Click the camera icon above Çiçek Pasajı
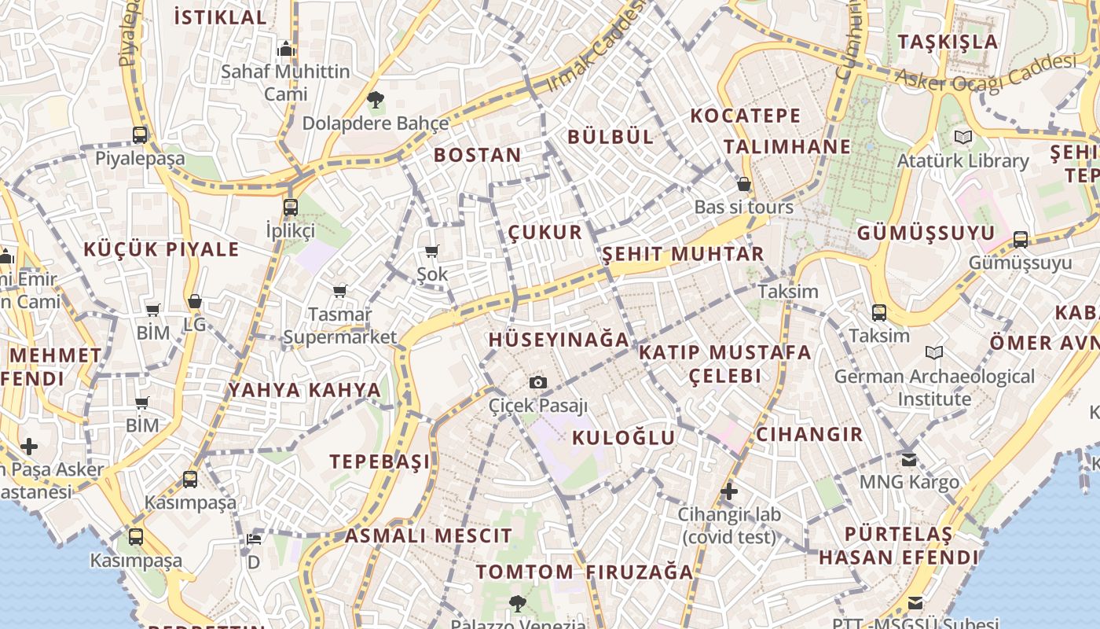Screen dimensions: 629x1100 coord(538,383)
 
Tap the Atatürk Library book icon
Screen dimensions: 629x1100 coord(962,138)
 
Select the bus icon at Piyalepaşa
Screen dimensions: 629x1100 coord(140,135)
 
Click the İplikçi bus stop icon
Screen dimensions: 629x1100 coord(291,208)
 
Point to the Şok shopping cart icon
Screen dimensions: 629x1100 coord(431,252)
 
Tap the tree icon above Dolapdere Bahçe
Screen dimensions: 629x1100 coord(376,100)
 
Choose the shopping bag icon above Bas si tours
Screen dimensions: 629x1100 coord(743,185)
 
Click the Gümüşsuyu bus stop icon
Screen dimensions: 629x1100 coord(1020,239)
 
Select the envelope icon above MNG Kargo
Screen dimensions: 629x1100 coord(909,459)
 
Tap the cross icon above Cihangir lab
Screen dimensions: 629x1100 coord(729,492)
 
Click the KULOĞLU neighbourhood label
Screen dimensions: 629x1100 coord(624,438)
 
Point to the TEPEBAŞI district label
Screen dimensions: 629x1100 coord(380,462)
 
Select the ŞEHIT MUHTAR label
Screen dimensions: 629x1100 coord(683,254)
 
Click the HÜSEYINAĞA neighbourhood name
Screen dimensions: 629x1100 coord(559,340)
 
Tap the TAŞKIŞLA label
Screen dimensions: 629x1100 coord(948,42)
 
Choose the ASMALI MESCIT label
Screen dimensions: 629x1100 coord(429,536)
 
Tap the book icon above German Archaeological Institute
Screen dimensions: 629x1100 coord(934,353)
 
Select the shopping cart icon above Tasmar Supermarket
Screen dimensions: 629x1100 coord(340,292)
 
